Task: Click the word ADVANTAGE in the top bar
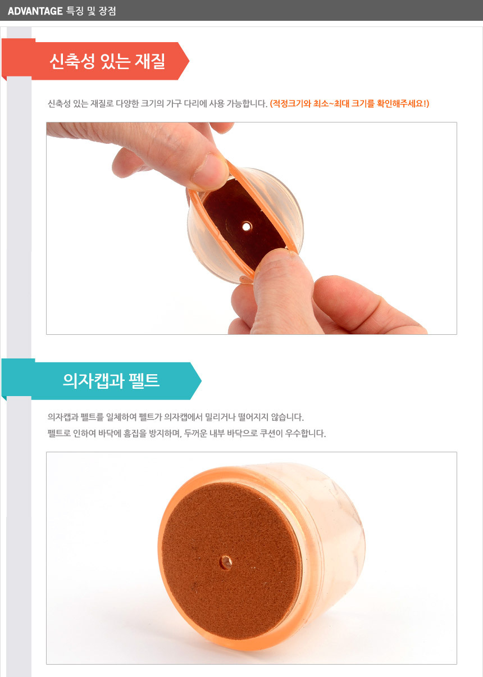[x=35, y=11]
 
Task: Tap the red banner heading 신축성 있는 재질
[x=107, y=61]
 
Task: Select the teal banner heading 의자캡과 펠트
[x=111, y=380]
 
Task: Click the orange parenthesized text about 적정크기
[x=349, y=104]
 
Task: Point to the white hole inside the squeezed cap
[x=247, y=226]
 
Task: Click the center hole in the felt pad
[x=226, y=562]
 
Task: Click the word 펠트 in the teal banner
[x=144, y=380]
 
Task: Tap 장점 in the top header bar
[x=107, y=11]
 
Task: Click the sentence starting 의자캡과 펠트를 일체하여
[x=175, y=417]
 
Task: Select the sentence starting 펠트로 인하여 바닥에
[x=186, y=433]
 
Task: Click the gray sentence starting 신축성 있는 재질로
[x=157, y=104]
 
